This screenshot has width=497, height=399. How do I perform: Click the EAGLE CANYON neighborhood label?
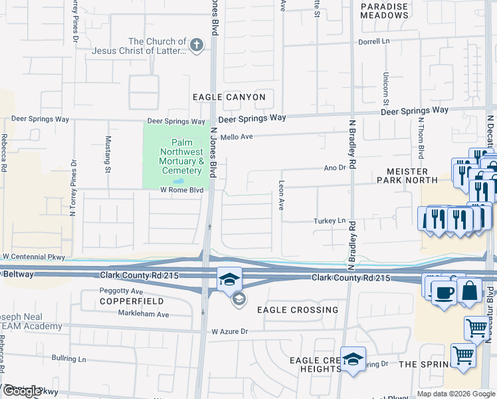(x=229, y=97)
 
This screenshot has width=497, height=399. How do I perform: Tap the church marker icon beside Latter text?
(x=195, y=45)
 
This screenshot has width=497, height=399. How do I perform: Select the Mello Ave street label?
(x=237, y=136)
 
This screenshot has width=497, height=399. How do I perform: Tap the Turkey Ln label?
(x=330, y=221)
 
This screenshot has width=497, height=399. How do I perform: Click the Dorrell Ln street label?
(x=373, y=41)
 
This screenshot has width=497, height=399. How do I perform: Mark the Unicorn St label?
(x=385, y=89)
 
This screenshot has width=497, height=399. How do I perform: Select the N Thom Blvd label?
(x=421, y=138)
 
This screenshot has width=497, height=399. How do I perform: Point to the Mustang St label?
(x=108, y=154)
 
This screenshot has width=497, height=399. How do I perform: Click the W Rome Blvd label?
(x=181, y=190)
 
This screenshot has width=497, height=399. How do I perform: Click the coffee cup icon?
(x=445, y=293)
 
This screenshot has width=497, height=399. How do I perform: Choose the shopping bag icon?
(x=469, y=291)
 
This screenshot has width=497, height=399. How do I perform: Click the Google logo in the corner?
(x=22, y=391)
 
